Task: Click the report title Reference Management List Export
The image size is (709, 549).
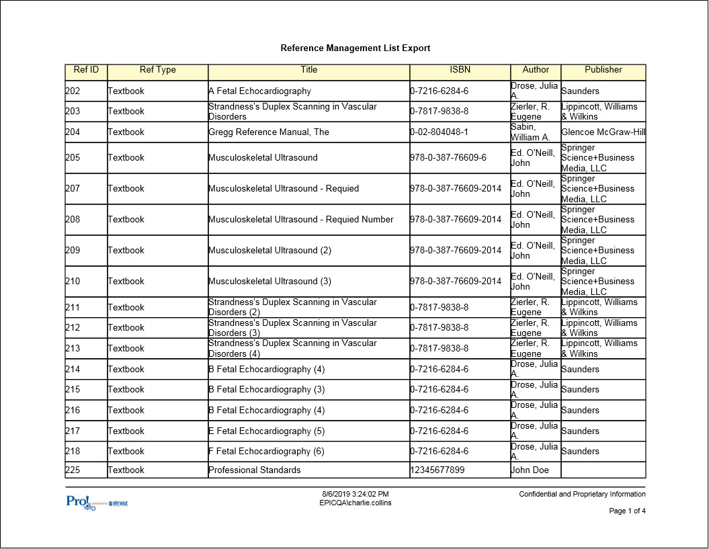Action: coord(355,48)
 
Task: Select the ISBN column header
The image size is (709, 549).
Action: coord(460,70)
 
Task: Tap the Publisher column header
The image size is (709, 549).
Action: coord(603,70)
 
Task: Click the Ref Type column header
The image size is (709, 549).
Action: coord(157,70)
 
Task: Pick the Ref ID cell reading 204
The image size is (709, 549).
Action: coord(73,132)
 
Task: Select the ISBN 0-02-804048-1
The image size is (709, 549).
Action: coord(439,132)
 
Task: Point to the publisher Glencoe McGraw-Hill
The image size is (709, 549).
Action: coord(603,132)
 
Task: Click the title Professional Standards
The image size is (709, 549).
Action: coord(255,470)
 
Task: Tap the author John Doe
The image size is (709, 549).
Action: coord(530,470)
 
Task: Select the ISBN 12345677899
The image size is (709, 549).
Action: coord(437,470)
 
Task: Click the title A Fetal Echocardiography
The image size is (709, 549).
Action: coord(259,91)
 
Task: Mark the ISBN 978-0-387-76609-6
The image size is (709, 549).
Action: coord(448,158)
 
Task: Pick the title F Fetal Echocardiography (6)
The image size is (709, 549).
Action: coord(266,452)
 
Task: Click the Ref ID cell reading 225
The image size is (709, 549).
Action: coord(73,470)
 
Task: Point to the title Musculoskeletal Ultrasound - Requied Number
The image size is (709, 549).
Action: coord(301,220)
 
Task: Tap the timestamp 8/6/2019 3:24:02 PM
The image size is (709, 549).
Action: coord(355,495)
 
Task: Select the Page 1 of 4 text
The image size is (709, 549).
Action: coord(627,511)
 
